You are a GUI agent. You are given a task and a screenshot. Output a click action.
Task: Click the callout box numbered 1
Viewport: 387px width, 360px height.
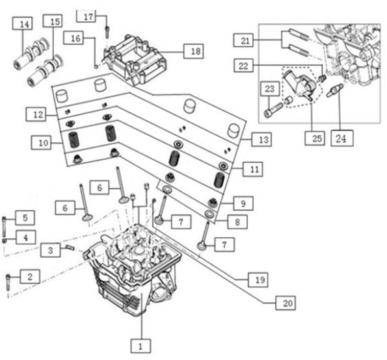[140, 346]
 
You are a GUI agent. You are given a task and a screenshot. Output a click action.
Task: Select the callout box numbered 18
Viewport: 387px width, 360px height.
[194, 51]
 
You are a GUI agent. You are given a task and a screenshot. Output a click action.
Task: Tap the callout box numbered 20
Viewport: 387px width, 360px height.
[286, 303]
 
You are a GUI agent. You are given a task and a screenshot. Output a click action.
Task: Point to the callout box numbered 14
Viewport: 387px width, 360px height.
[23, 23]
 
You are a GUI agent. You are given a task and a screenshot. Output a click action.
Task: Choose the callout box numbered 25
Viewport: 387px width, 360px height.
[315, 138]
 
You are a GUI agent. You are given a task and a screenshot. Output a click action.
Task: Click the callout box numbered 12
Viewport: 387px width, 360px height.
[36, 114]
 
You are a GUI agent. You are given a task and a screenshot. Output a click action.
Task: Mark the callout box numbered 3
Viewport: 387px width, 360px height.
[50, 250]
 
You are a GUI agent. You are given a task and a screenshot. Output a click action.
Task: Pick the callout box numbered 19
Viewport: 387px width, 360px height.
[258, 279]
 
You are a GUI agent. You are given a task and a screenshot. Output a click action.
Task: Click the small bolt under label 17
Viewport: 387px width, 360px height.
[107, 32]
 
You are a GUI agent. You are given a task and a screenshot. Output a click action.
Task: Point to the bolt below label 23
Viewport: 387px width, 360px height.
[273, 110]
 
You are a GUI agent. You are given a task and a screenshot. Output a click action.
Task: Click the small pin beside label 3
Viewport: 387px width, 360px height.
[70, 247]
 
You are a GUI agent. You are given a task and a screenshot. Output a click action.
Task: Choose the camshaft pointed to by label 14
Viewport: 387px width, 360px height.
[31, 53]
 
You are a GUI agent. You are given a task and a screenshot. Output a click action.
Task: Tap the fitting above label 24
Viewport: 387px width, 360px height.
[334, 90]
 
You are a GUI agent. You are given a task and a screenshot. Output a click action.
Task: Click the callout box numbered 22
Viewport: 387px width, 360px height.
[243, 66]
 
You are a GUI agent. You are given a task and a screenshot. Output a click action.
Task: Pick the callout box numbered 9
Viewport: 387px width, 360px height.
[243, 203]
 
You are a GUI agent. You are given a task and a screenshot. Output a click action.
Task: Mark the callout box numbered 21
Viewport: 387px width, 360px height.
[243, 40]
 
